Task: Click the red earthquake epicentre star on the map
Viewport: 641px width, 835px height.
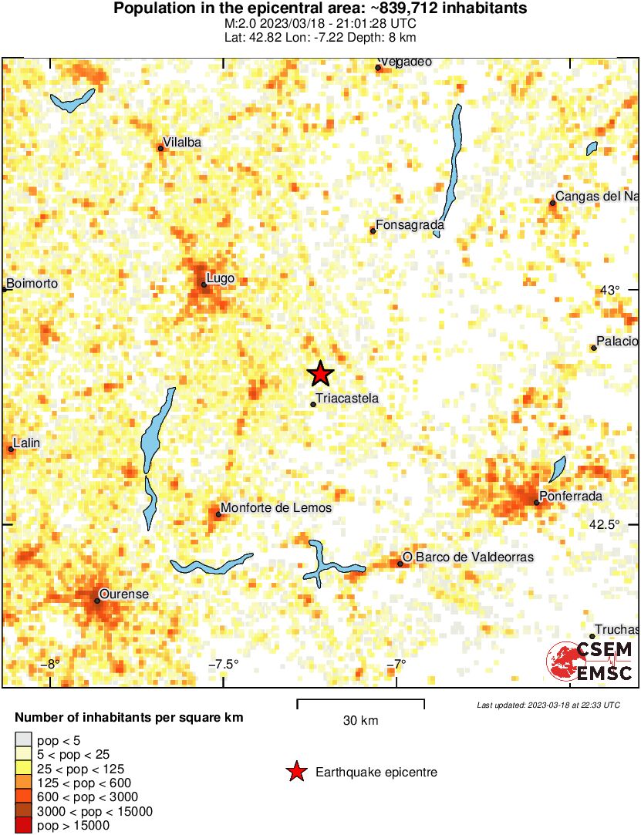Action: [320, 374]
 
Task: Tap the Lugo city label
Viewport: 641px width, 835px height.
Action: [221, 278]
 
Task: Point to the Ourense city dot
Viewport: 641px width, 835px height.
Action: [97, 601]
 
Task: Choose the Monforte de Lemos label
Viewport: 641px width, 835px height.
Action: [276, 508]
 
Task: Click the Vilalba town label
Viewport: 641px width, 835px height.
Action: [183, 142]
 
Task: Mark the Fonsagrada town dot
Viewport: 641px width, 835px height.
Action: [373, 231]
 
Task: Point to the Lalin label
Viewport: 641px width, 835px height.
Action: [27, 443]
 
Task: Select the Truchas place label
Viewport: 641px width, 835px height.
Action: [614, 629]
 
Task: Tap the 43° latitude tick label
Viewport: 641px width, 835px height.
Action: [609, 290]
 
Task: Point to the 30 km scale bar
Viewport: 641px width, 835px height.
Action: [361, 702]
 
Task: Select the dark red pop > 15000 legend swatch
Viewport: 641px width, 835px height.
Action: [24, 826]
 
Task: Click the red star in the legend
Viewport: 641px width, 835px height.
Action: [296, 772]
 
